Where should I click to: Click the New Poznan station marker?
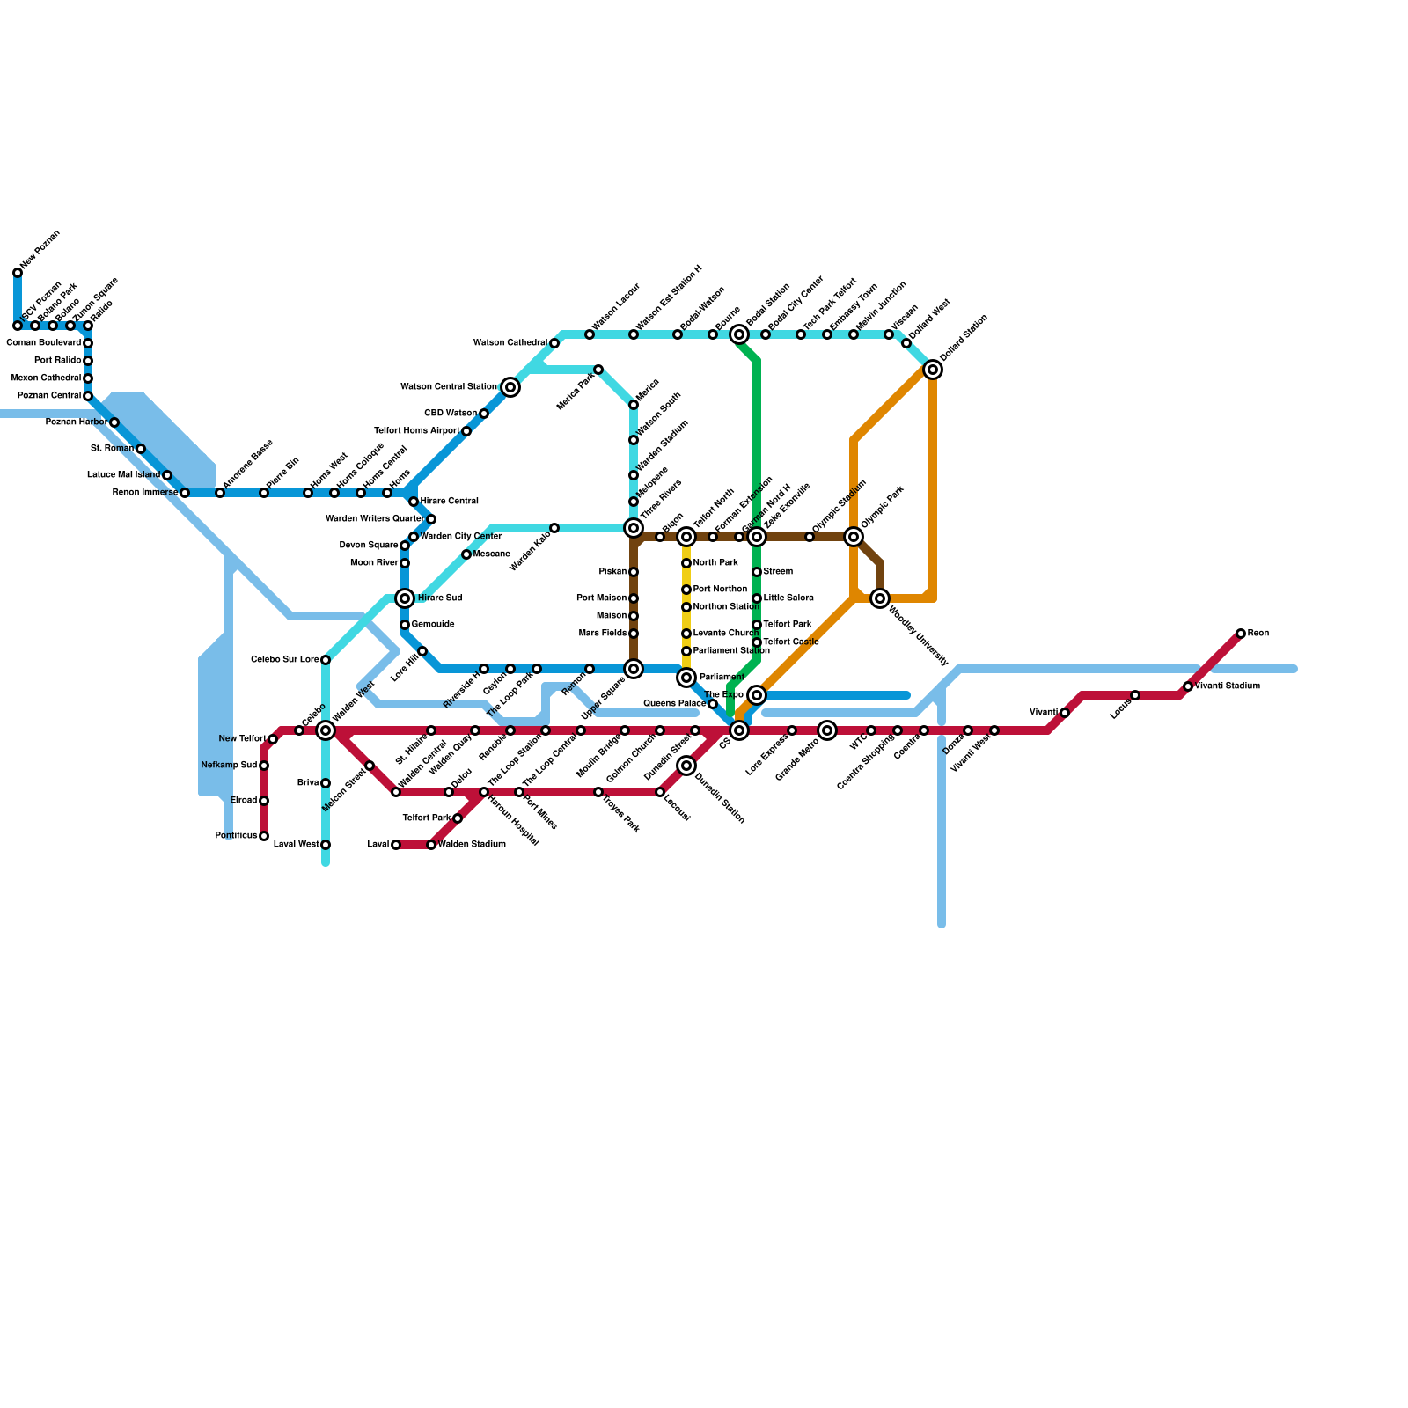[x=18, y=273]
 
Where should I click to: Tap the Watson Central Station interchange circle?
[x=510, y=387]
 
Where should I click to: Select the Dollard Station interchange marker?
[x=933, y=370]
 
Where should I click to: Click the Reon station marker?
[x=1241, y=634]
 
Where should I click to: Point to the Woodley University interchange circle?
[x=880, y=598]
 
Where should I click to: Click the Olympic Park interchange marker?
[x=854, y=537]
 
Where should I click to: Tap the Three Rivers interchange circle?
[x=634, y=528]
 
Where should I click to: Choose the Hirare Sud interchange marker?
[x=405, y=598]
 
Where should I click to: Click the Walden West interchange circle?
[x=326, y=730]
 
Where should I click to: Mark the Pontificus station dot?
[x=264, y=836]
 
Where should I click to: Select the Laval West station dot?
[x=326, y=845]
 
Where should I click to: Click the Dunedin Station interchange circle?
[x=686, y=766]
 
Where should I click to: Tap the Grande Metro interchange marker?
[x=827, y=730]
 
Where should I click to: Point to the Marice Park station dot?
[x=598, y=370]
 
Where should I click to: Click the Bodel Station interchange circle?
[x=739, y=334]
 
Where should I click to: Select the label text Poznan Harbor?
[x=76, y=422]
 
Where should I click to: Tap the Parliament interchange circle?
[x=686, y=678]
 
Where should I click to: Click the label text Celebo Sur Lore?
[x=284, y=660]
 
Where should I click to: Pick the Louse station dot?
[x=1135, y=695]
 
